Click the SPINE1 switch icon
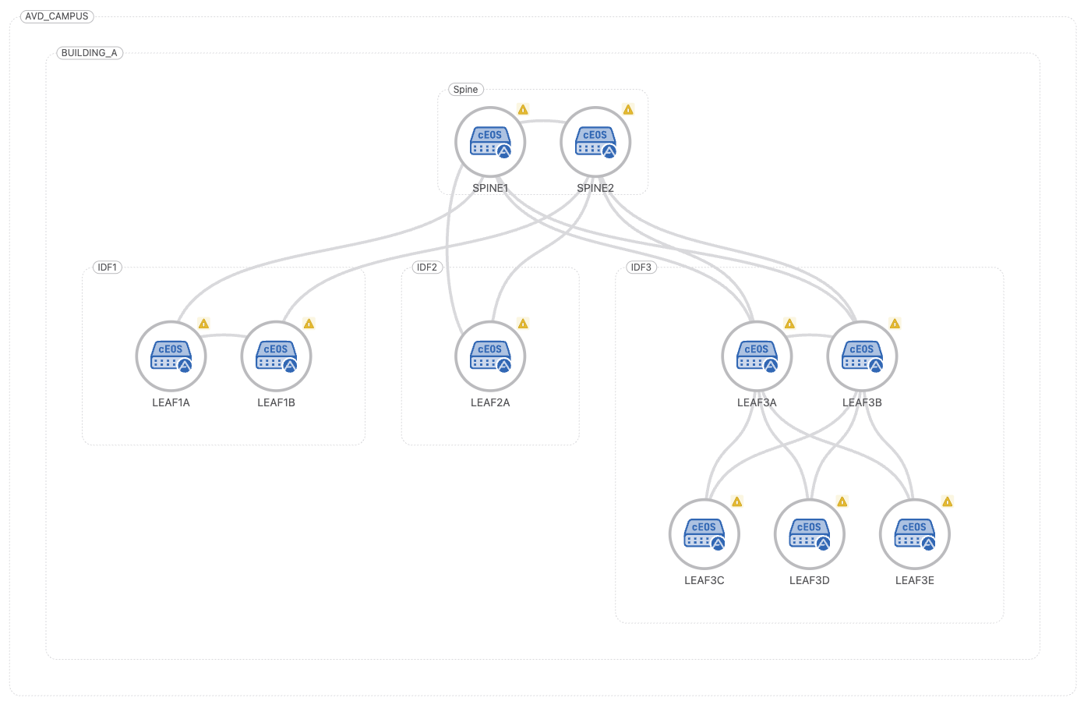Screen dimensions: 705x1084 [x=490, y=142]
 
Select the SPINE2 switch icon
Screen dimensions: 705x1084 [x=595, y=142]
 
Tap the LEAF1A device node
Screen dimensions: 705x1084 [x=171, y=356]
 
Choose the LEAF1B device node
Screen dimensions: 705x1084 [x=276, y=356]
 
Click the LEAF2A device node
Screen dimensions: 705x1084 [x=490, y=356]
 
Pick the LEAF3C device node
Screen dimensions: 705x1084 [x=704, y=534]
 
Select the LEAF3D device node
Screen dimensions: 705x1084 [x=809, y=534]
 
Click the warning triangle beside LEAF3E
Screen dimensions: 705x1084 [x=947, y=501]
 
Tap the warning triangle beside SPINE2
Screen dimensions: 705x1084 [x=628, y=110]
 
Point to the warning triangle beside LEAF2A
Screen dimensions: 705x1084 [x=523, y=324]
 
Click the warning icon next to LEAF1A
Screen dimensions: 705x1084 [x=203, y=324]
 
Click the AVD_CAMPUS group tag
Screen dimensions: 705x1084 [x=57, y=16]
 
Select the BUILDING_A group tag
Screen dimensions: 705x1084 [x=90, y=53]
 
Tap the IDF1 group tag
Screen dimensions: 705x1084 [x=108, y=267]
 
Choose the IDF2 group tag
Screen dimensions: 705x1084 [x=427, y=267]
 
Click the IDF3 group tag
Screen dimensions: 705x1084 [x=641, y=267]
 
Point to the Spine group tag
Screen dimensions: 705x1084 [x=466, y=90]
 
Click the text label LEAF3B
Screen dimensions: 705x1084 [x=862, y=403]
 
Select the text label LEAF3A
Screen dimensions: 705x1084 [x=757, y=403]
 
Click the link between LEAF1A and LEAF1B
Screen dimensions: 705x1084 [x=224, y=335]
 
